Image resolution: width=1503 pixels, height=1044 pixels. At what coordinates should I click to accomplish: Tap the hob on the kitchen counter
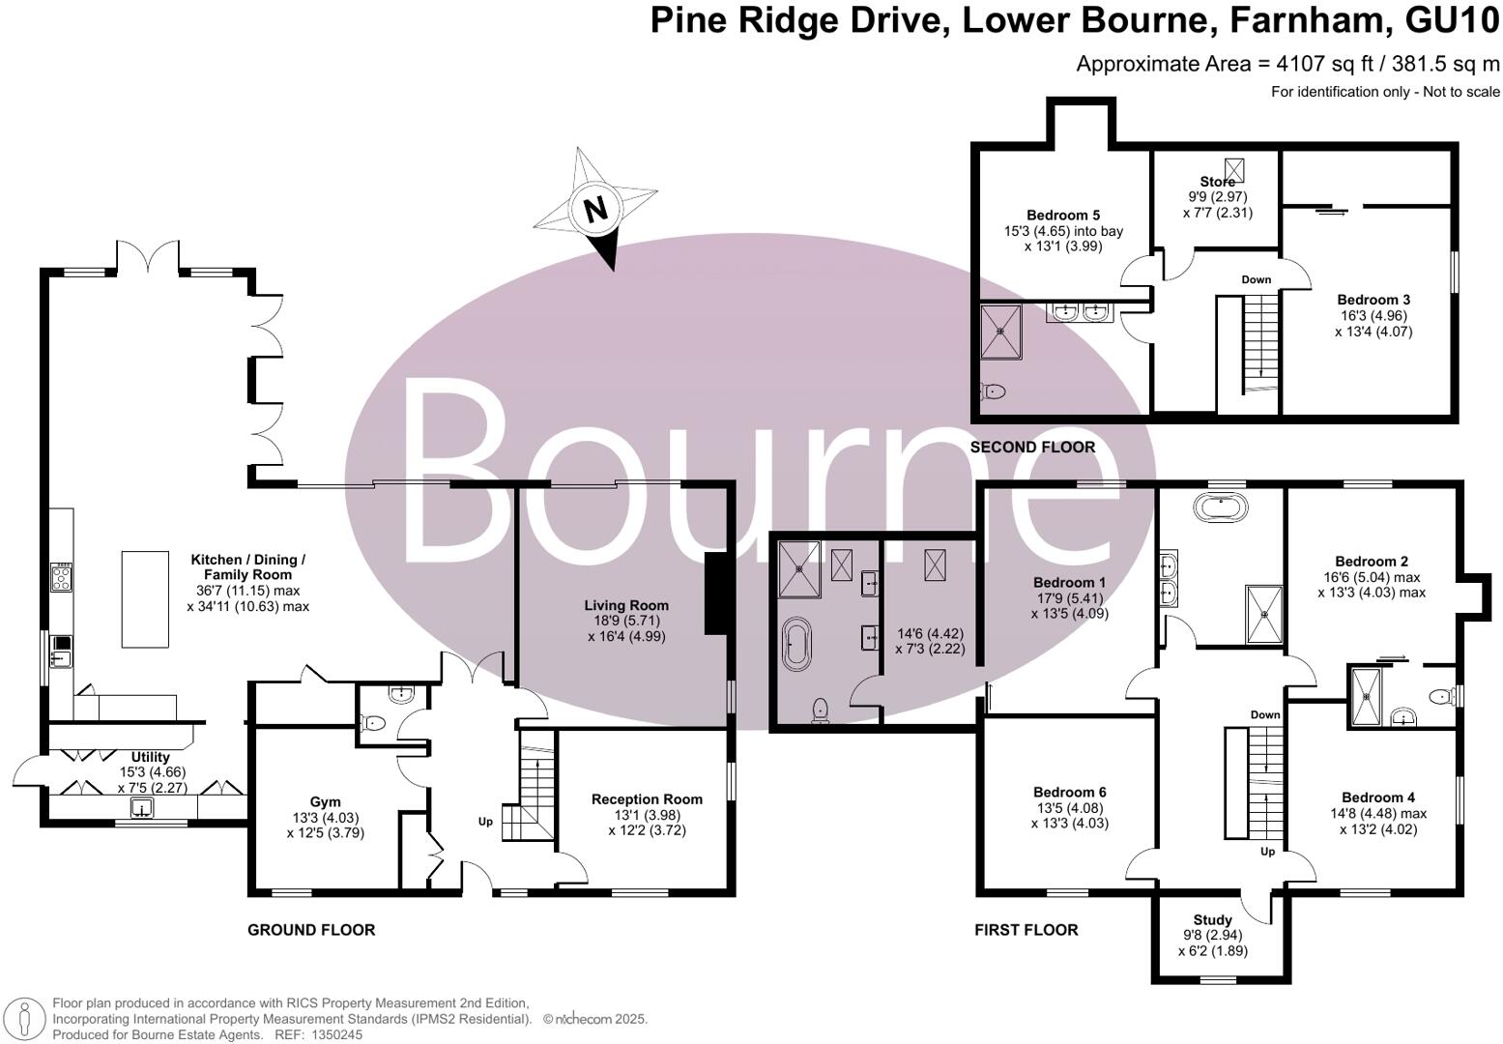tap(61, 577)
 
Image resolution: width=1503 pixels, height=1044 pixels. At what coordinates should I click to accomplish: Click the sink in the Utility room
tap(142, 808)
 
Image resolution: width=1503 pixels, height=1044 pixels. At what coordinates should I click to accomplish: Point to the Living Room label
tap(626, 605)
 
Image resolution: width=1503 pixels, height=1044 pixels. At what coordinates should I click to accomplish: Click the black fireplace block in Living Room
tap(717, 594)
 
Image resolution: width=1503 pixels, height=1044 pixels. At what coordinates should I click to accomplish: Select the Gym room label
tap(325, 801)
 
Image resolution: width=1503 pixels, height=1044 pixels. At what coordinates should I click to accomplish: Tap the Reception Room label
tap(647, 799)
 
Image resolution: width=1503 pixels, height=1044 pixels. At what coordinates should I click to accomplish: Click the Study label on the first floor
tap(1212, 920)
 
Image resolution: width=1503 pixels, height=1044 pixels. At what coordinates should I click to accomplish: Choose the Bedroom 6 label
tap(1070, 792)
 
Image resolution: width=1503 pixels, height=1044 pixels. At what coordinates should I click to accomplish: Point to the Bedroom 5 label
tap(1063, 216)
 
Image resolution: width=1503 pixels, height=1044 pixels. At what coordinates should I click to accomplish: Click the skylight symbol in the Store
tap(1235, 169)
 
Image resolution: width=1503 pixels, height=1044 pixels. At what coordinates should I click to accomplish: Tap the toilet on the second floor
tap(994, 391)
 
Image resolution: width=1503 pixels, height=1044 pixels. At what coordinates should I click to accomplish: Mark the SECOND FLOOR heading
tap(1032, 448)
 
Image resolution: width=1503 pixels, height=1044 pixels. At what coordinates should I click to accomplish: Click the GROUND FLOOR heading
tap(311, 930)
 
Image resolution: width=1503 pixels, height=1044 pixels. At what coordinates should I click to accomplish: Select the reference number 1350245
tap(336, 1034)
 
